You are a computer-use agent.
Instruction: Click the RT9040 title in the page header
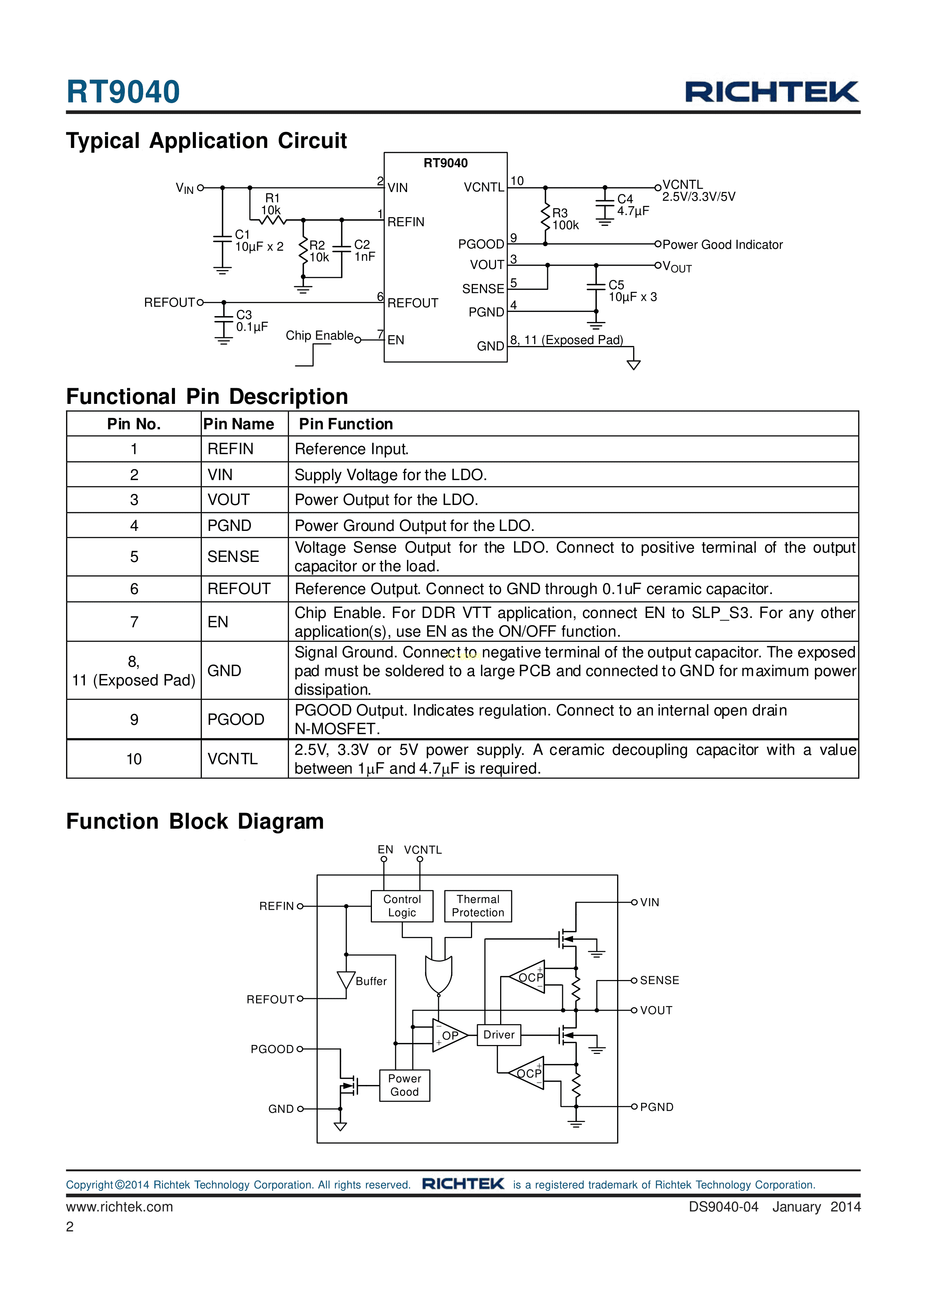[123, 92]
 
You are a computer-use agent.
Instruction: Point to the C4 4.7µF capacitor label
[632, 205]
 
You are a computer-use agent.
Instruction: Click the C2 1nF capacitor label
[364, 251]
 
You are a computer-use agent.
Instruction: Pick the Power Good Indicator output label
[722, 245]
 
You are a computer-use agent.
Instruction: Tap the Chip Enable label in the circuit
[319, 336]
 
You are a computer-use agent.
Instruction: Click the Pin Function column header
[345, 424]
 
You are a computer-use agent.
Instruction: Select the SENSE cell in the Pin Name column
[233, 557]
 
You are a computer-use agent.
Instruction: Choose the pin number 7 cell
[134, 622]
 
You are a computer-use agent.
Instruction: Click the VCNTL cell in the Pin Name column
[232, 759]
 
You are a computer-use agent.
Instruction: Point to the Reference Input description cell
[352, 449]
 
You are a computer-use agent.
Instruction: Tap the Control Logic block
[402, 906]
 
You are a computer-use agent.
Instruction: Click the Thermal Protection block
[478, 906]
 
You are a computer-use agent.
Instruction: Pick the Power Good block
[404, 1085]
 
